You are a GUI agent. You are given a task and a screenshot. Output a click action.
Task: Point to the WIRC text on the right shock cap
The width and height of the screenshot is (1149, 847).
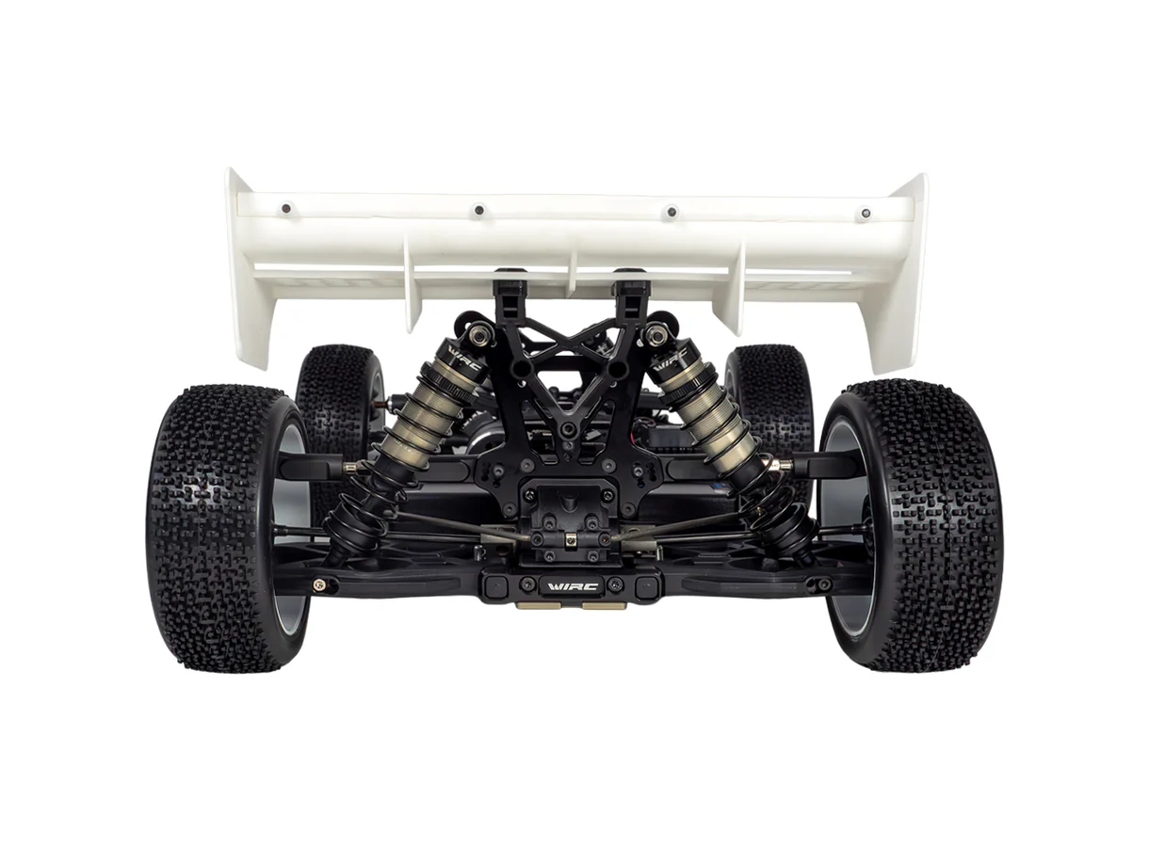670,359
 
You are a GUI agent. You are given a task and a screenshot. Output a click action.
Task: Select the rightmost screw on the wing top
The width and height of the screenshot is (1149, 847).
864,214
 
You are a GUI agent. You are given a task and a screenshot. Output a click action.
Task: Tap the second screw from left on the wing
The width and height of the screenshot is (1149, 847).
478,210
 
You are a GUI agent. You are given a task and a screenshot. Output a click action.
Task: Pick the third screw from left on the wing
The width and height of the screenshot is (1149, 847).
671,212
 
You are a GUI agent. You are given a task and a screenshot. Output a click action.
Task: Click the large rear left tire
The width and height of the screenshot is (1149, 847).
226,527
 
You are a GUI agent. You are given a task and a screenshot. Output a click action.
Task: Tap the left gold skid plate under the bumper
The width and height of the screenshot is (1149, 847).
533,606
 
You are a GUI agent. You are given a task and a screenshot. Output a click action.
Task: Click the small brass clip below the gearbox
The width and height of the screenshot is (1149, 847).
570,539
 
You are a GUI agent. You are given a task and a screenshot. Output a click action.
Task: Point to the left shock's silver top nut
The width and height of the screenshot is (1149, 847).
479,332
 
